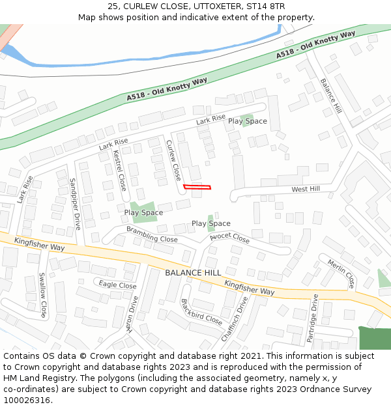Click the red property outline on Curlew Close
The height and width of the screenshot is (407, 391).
tap(197, 188)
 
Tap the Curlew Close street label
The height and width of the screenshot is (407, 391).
tap(173, 160)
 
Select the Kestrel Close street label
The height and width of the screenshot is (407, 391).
tap(119, 171)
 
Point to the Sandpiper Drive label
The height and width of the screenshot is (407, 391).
tap(75, 203)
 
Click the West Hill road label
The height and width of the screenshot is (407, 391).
tap(306, 189)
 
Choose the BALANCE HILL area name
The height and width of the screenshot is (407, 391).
tap(193, 272)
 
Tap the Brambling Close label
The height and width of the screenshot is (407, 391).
tap(152, 234)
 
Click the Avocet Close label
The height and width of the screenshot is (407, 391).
tap(229, 238)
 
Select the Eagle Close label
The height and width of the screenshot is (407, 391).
tap(117, 285)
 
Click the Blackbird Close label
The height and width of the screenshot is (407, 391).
tap(201, 311)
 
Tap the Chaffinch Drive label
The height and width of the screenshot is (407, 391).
tap(235, 318)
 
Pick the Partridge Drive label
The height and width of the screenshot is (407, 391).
tap(312, 318)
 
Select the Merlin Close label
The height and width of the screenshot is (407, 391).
tap(341, 274)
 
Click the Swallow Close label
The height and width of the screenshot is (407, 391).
tap(42, 294)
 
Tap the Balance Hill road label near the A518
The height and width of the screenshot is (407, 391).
tap(331, 96)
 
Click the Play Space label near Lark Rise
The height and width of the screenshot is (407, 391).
tap(247, 121)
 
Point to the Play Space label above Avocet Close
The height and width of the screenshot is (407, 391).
tap(210, 223)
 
